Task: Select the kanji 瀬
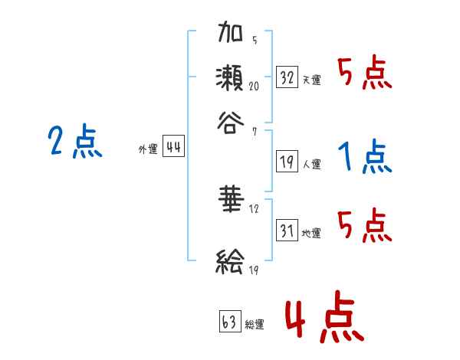pyautogui.click(x=231, y=78)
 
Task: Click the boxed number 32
pyautogui.click(x=287, y=77)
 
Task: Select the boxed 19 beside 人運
pyautogui.click(x=287, y=161)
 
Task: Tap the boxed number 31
pyautogui.click(x=287, y=230)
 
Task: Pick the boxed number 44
pyautogui.click(x=173, y=148)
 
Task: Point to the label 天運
pyautogui.click(x=311, y=80)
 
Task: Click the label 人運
pyautogui.click(x=311, y=163)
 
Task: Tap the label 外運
pyautogui.click(x=148, y=150)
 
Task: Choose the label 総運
pyautogui.click(x=255, y=324)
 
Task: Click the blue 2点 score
pyautogui.click(x=74, y=142)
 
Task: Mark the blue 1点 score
pyautogui.click(x=364, y=157)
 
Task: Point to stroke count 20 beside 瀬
pyautogui.click(x=254, y=87)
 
